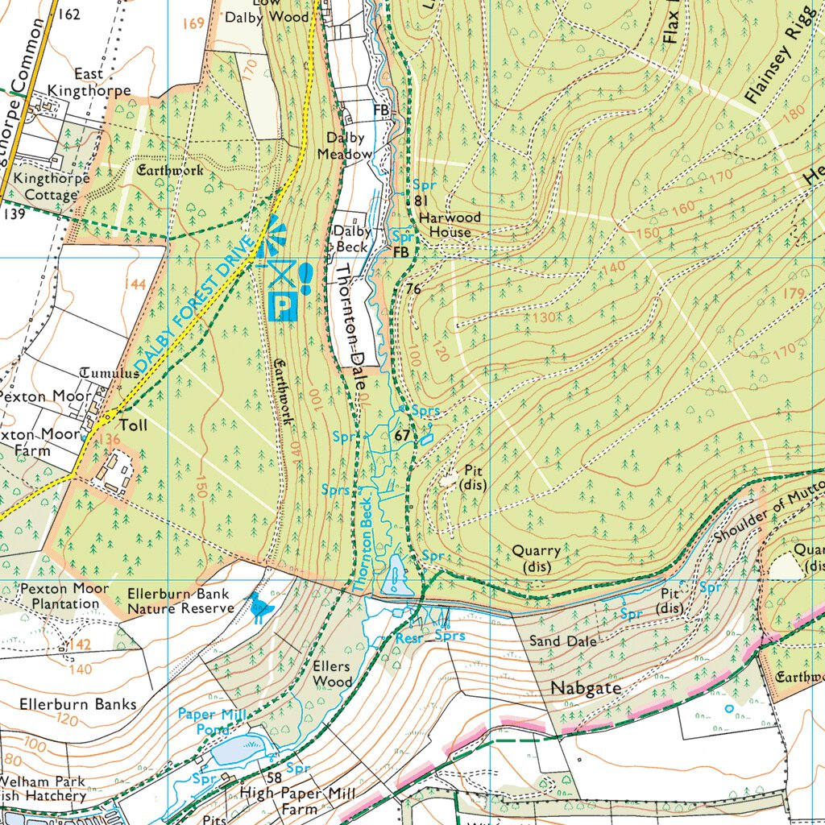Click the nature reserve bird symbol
tap(259, 609)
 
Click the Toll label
tap(133, 424)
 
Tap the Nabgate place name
tap(586, 689)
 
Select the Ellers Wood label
tap(333, 674)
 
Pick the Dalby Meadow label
tap(345, 146)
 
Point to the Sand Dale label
tap(562, 641)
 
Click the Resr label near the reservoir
tap(409, 638)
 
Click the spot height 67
tap(403, 436)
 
